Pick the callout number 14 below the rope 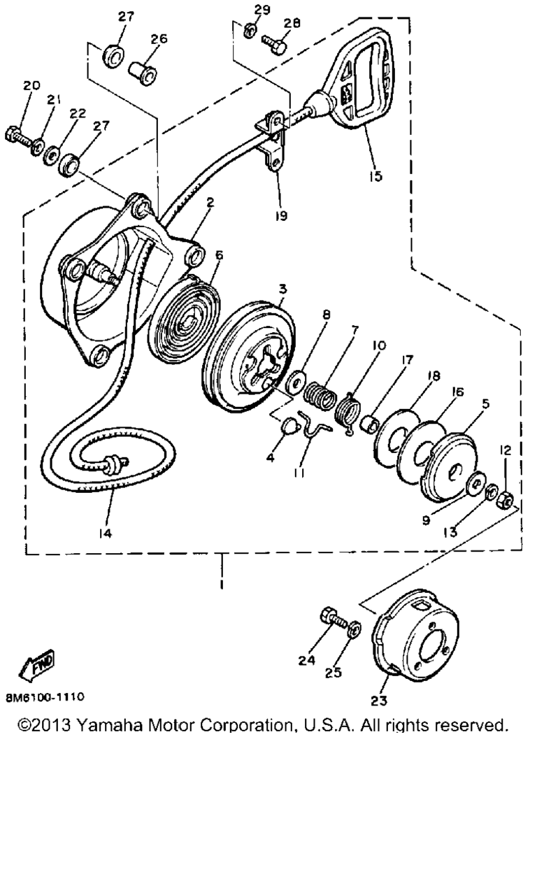pyautogui.click(x=106, y=533)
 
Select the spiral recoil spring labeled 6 pyautogui.click(x=184, y=320)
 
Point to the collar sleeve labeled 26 pyautogui.click(x=143, y=72)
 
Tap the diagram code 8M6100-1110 pyautogui.click(x=45, y=697)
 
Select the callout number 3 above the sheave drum pyautogui.click(x=283, y=289)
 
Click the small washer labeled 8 pyautogui.click(x=296, y=382)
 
